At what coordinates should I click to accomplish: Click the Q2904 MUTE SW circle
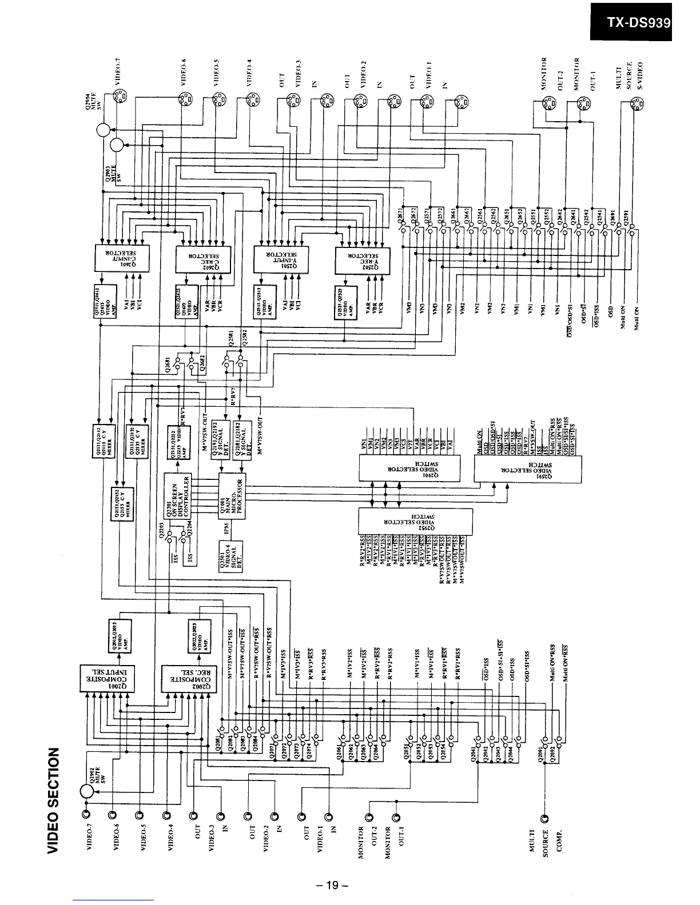tap(104, 131)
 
